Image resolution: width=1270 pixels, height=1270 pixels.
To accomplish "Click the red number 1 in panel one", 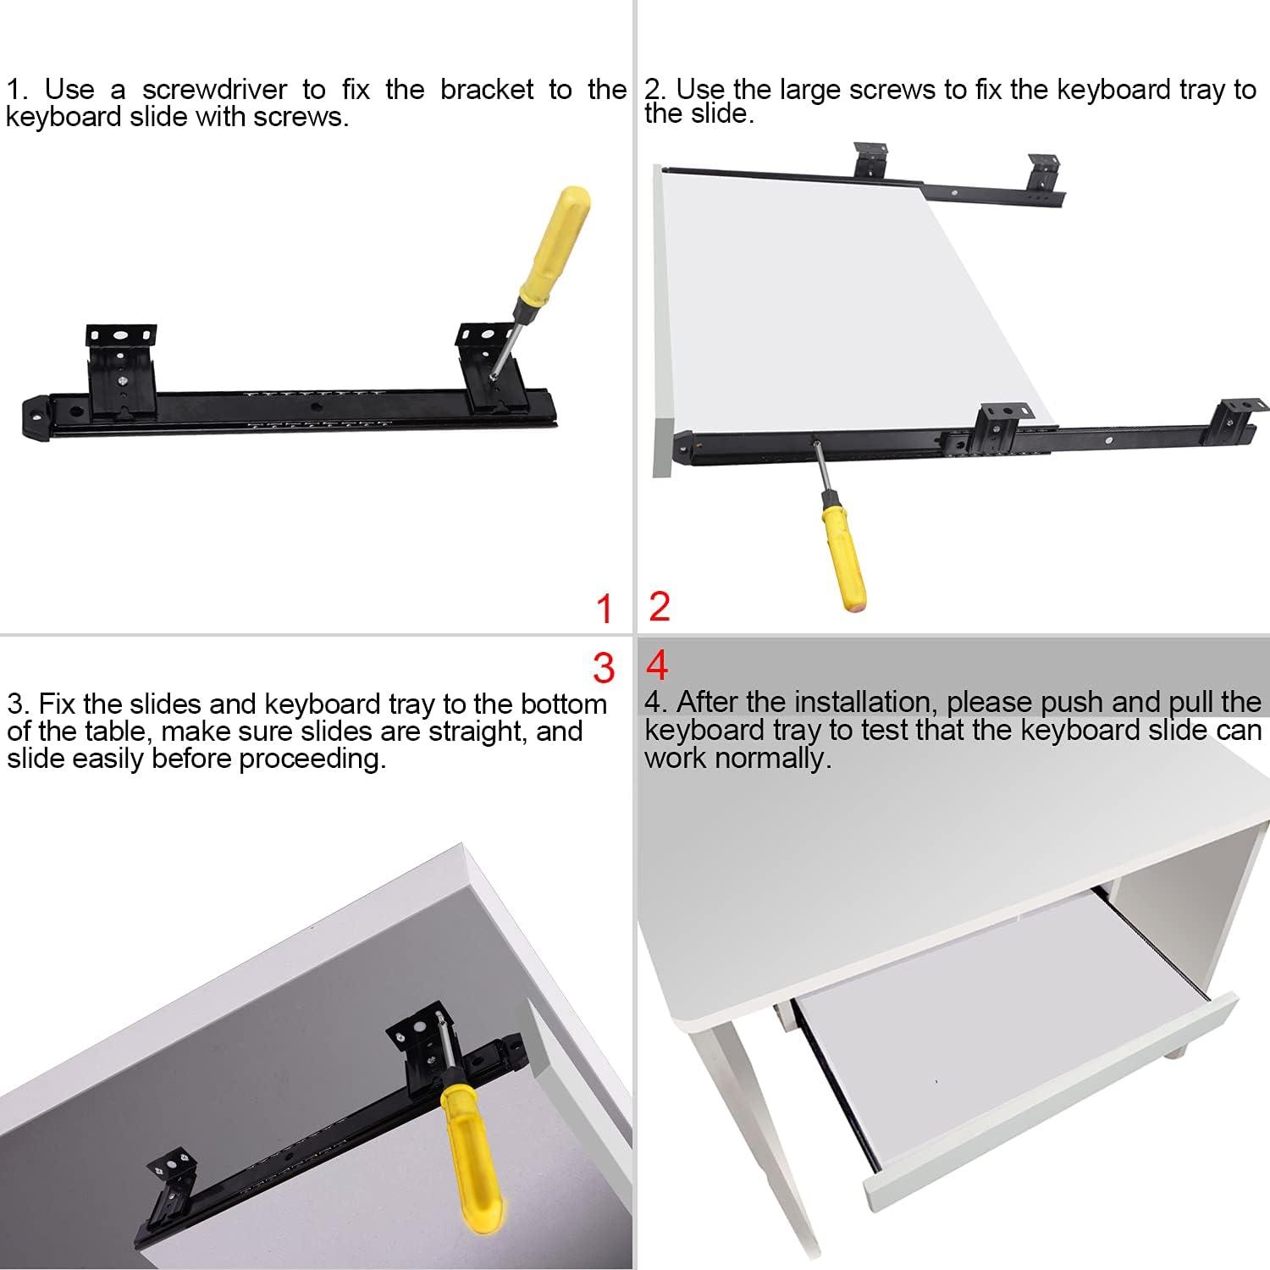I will click(x=604, y=609).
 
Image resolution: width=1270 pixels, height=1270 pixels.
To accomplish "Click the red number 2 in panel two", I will click(x=660, y=606).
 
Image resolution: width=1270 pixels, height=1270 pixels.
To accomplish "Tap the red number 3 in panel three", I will click(x=603, y=668).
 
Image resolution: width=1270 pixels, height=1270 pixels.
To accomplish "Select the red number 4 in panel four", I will click(x=657, y=666).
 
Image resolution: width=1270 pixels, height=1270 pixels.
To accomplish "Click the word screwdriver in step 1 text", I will click(x=214, y=90).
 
